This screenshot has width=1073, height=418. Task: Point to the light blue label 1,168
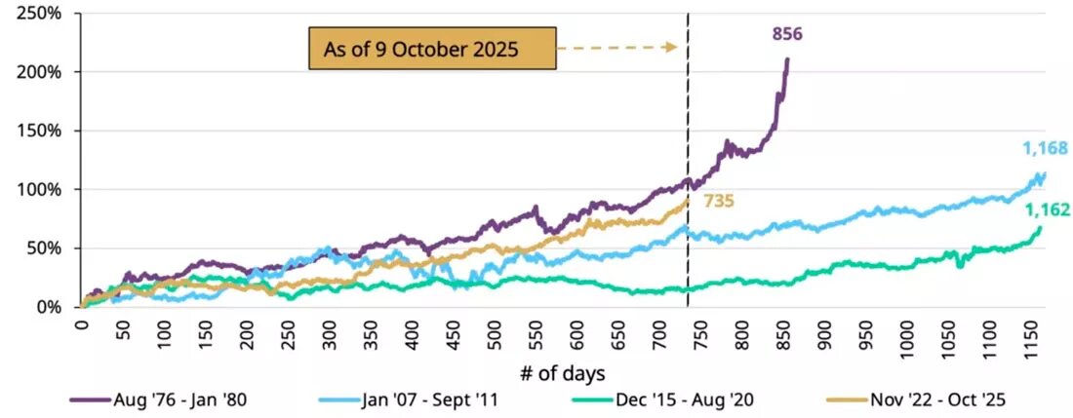coord(1046,149)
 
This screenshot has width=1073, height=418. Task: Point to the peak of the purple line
coord(787,59)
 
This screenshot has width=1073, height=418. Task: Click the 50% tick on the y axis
coord(44,248)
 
